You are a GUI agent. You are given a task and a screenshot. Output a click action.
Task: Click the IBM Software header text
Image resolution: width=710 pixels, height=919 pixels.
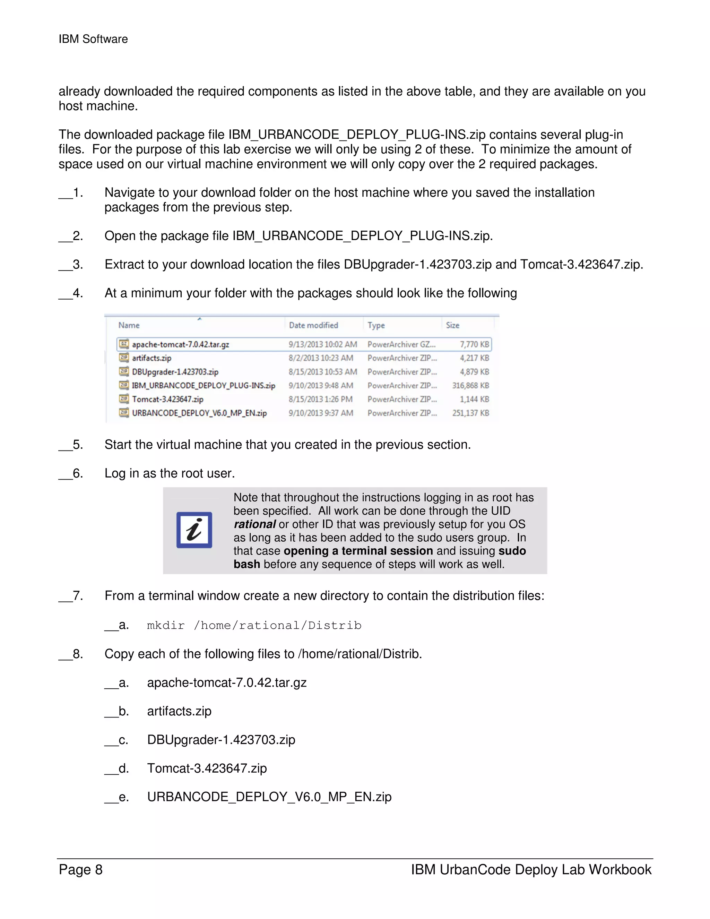tap(93, 39)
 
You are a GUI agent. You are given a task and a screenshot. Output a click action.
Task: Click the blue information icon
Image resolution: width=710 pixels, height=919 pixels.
tap(194, 530)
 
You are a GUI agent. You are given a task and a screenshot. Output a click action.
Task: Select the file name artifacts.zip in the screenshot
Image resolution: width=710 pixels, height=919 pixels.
tap(151, 358)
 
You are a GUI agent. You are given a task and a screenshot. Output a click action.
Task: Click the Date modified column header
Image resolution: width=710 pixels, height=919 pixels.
tap(313, 325)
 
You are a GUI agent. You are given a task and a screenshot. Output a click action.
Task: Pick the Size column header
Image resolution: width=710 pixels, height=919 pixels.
tap(452, 325)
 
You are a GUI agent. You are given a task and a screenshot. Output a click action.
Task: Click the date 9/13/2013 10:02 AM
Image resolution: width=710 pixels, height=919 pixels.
tap(323, 344)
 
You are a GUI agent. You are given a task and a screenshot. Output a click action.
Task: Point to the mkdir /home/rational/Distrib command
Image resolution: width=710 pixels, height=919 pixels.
tap(254, 625)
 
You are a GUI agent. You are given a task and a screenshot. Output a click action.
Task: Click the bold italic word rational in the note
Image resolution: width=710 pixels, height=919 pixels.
tap(254, 524)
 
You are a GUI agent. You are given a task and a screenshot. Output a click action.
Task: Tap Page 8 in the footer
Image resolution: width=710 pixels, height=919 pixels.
tap(81, 869)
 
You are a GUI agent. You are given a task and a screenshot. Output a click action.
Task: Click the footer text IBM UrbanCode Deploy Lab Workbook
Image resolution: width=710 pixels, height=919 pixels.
tap(531, 869)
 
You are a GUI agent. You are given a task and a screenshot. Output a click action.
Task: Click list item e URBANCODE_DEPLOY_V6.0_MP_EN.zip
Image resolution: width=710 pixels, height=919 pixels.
tap(269, 797)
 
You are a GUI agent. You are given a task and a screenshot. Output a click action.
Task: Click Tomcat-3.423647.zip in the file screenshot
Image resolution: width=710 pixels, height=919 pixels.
tap(167, 399)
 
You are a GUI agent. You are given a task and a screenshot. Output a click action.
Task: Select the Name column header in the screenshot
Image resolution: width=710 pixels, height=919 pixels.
tap(129, 325)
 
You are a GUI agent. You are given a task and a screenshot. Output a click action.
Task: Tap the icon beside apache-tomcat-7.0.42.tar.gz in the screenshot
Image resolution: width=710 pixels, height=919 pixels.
tap(124, 344)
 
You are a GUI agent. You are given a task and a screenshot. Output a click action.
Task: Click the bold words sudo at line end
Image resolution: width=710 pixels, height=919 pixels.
tap(512, 551)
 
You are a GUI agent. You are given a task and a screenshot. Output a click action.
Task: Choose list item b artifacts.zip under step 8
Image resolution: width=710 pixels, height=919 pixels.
tap(179, 711)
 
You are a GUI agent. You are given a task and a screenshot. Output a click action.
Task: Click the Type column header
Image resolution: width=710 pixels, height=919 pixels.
tap(376, 325)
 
